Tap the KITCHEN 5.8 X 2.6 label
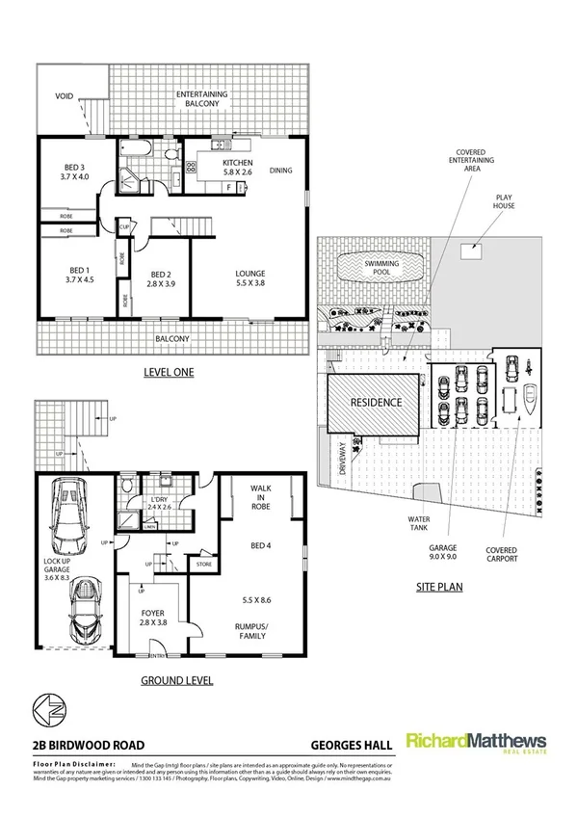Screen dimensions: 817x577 coord(237,169)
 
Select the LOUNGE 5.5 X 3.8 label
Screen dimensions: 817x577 coord(250,279)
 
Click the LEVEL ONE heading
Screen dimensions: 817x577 coord(169,372)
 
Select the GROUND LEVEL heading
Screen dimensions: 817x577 coord(176,680)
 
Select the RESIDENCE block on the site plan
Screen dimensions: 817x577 coord(375,403)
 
